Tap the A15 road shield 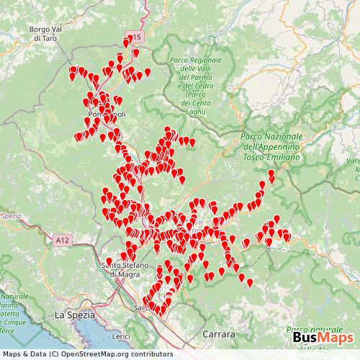[x=134, y=35]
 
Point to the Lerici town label [x=121, y=336]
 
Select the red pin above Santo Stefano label [x=109, y=262]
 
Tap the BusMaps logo [x=322, y=338]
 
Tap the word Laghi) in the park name [x=194, y=112]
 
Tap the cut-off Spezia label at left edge [x=11, y=215]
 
